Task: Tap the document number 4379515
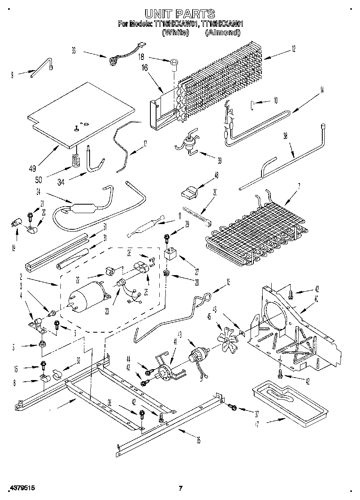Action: (21, 488)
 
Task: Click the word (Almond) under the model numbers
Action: (223, 32)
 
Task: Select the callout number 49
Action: (32, 168)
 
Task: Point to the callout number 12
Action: (293, 49)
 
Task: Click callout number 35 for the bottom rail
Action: (198, 440)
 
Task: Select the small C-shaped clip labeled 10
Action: (252, 106)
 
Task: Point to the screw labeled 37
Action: (233, 406)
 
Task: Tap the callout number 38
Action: (285, 137)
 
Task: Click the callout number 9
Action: (13, 74)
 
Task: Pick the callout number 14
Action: (321, 91)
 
